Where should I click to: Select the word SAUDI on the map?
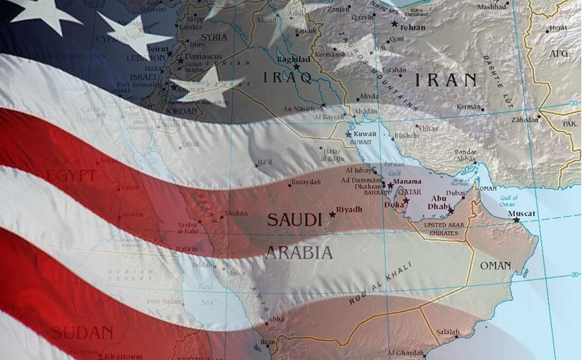(294, 220)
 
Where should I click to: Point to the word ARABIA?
(298, 253)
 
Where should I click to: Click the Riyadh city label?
(349, 210)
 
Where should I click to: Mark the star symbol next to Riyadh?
(332, 214)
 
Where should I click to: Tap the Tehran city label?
(413, 27)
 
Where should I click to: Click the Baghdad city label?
(294, 59)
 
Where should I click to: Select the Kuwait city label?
(365, 133)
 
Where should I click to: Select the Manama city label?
(407, 182)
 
